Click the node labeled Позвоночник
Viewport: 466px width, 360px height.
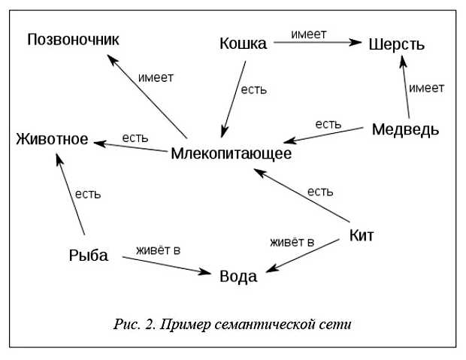74,39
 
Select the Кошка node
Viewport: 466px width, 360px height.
243,44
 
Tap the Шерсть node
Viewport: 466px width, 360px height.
397,44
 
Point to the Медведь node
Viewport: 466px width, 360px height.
405,129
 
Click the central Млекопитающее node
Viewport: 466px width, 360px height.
231,153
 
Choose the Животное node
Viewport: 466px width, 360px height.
52,140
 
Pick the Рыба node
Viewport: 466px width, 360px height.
88,256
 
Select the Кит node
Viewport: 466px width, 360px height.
362,235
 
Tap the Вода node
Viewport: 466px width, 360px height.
238,277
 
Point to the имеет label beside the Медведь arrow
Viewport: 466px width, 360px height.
426,88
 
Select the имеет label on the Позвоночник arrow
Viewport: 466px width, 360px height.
156,77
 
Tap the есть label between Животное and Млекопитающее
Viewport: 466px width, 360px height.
135,138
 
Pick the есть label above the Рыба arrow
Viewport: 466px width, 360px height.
87,193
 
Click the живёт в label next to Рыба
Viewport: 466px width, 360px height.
158,249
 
